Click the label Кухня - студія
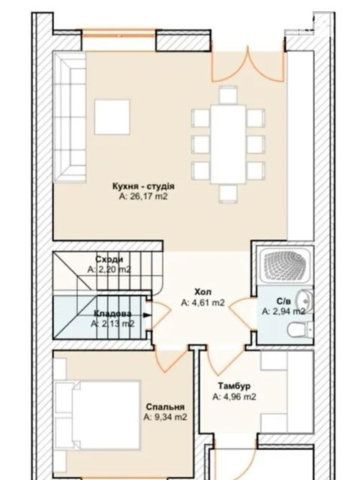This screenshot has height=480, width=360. click(x=143, y=186)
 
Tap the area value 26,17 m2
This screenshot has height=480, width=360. click(x=143, y=196)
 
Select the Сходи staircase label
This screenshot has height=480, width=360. click(x=109, y=259)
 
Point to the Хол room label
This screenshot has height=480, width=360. click(x=202, y=292)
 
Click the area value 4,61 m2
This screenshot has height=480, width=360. click(x=203, y=302)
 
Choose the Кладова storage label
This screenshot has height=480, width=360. click(x=112, y=313)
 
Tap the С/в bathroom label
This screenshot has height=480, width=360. click(x=283, y=301)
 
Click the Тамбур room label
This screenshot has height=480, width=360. click(x=234, y=385)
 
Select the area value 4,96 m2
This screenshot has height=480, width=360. click(x=234, y=397)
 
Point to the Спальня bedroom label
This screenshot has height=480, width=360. click(x=165, y=406)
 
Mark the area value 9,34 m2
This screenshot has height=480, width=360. click(x=165, y=417)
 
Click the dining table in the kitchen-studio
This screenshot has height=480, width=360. click(x=228, y=144)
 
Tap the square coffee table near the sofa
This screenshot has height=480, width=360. click(x=112, y=117)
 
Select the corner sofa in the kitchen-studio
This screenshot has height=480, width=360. click(x=70, y=117)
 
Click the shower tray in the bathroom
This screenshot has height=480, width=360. click(x=285, y=265)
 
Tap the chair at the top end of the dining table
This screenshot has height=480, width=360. click(x=228, y=95)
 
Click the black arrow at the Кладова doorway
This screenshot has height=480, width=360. click(x=147, y=315)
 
